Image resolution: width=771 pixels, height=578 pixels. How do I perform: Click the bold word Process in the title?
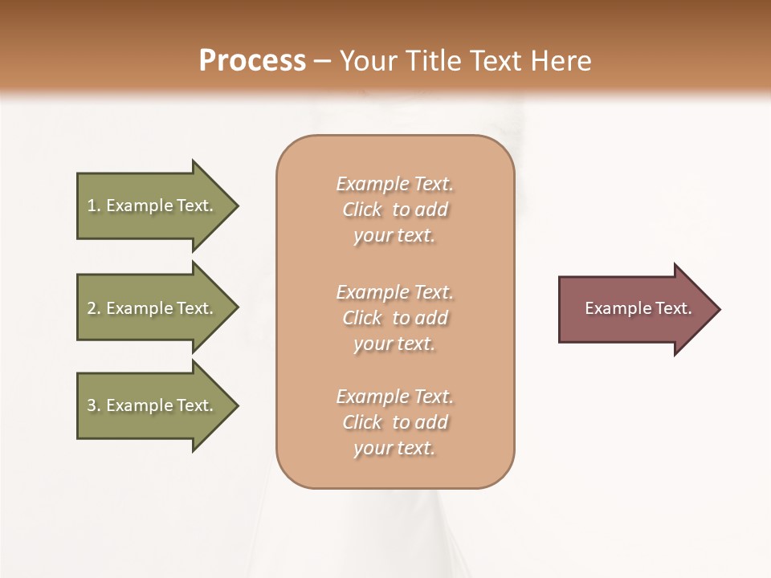(x=252, y=60)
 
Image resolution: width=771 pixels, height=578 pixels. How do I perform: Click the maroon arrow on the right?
(x=634, y=309)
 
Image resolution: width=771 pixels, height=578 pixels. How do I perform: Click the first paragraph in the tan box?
(x=394, y=210)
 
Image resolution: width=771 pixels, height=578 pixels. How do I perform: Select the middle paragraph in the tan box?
(x=394, y=318)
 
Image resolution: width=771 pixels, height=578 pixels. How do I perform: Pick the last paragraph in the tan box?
(x=394, y=422)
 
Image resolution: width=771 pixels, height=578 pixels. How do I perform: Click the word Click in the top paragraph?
(x=362, y=210)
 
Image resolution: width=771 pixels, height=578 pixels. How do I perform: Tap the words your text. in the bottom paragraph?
(x=394, y=448)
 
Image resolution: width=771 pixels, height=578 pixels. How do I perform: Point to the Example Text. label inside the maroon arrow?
(x=638, y=308)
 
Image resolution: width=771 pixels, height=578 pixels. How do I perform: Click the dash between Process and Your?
(x=323, y=61)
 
